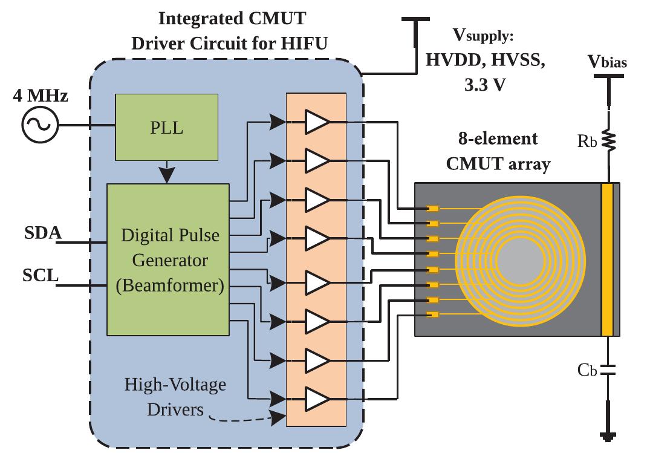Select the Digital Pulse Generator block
167,259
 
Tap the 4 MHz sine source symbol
39,125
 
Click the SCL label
41,276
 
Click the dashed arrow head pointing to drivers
279,417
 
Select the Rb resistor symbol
608,140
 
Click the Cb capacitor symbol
608,368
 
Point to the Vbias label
608,62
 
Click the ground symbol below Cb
608,435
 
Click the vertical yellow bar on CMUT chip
607,259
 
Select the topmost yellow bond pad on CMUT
432,209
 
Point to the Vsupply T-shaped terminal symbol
415,22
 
